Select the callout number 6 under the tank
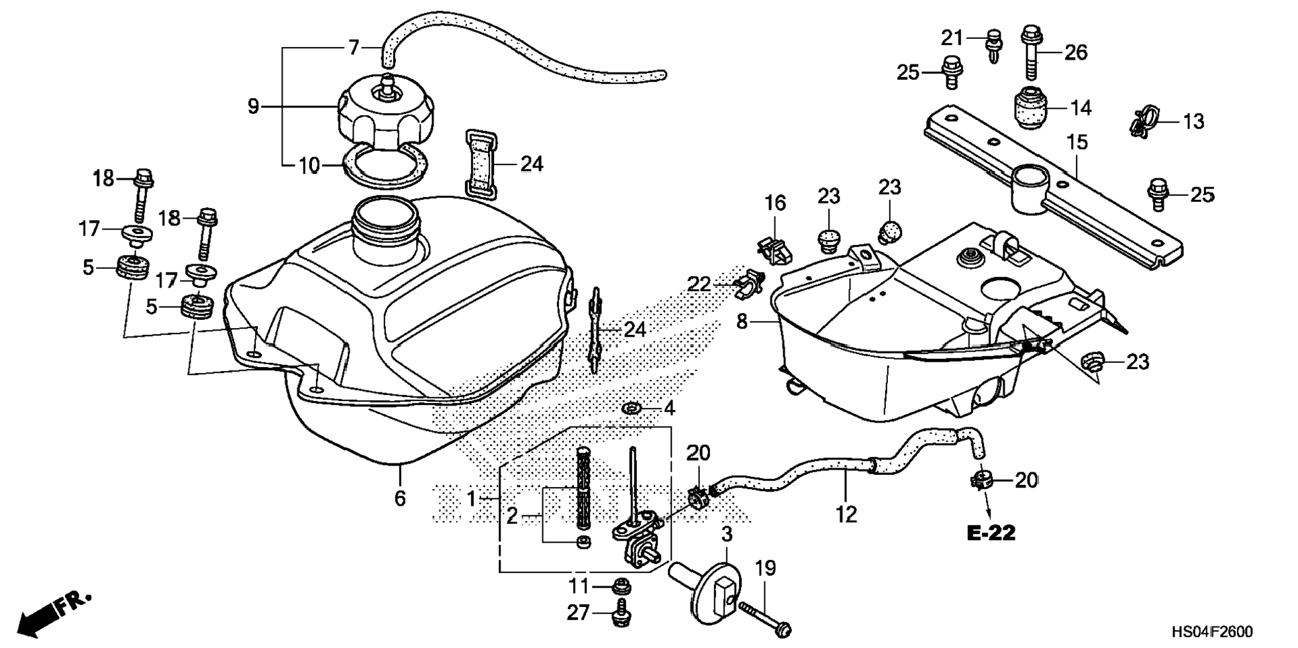click(x=400, y=498)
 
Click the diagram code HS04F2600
click(x=1212, y=632)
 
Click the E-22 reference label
click(x=991, y=533)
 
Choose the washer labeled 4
click(x=632, y=407)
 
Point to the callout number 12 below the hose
click(x=846, y=515)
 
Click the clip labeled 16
click(x=774, y=248)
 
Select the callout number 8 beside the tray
click(x=742, y=322)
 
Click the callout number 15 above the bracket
click(x=1077, y=143)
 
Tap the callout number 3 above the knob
click(x=727, y=535)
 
